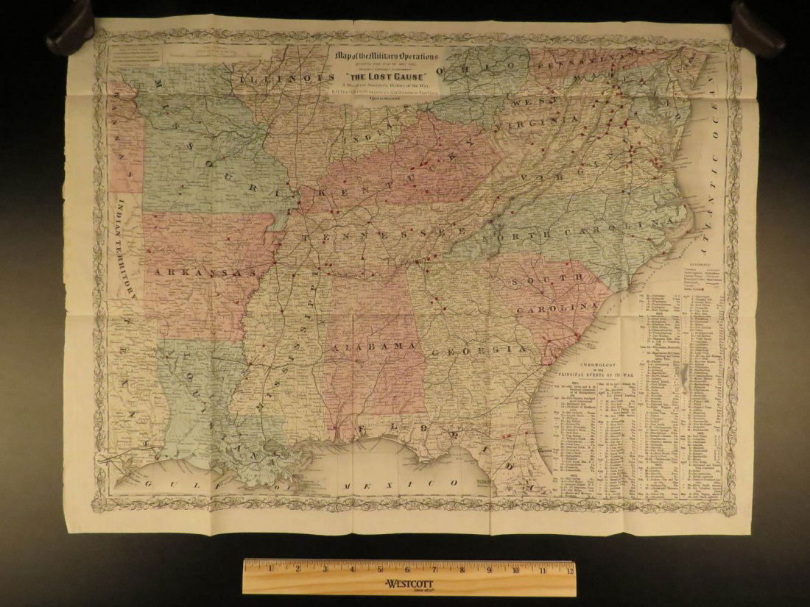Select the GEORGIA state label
tap(478, 351)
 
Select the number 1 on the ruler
tap(270, 569)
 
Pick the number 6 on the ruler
tap(406, 569)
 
